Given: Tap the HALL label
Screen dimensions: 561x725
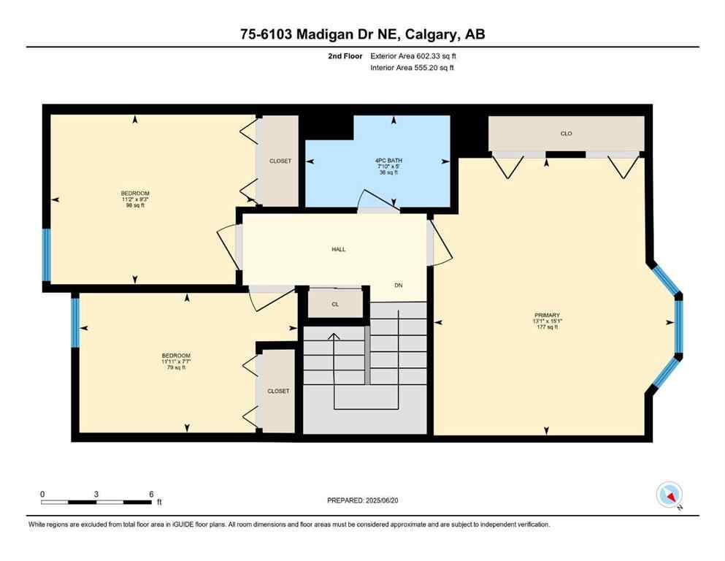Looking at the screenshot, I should tap(338, 249).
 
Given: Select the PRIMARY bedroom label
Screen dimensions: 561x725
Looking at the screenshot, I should tap(546, 315).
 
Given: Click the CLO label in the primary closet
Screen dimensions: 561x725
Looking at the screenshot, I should tap(566, 134).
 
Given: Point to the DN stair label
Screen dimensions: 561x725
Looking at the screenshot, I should tap(398, 286).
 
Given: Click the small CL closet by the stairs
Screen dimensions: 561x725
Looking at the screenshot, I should tap(335, 304).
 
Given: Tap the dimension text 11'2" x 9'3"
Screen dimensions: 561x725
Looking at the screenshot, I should tap(136, 199).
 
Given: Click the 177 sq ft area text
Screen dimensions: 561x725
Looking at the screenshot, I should tap(546, 327).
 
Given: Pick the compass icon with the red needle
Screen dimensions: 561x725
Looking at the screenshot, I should tap(670, 495).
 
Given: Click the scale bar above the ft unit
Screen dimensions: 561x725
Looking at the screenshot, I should tap(96, 502).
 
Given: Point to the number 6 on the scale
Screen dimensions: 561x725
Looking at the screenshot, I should tap(150, 494).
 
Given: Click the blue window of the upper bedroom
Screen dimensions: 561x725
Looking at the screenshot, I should tap(46, 255).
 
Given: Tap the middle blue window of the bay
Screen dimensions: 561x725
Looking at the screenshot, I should tap(678, 327).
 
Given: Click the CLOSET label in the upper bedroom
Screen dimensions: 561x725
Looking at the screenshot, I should tap(280, 161).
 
